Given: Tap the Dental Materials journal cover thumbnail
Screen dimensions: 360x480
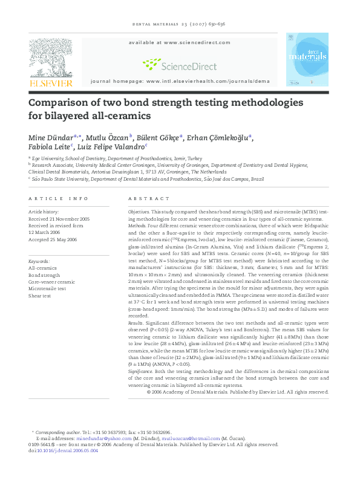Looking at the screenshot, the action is (307, 59).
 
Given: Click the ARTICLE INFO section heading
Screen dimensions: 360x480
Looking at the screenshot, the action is (58, 198).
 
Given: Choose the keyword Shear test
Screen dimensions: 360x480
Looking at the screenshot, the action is (42, 296).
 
